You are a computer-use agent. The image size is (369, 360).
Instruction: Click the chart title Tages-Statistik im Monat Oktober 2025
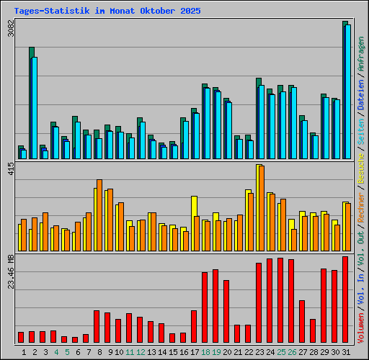coord(107,12)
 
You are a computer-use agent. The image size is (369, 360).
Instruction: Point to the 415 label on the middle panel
coord(9,170)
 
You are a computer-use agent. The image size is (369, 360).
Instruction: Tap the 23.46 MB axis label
coord(10,271)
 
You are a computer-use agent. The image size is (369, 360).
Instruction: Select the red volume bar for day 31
coord(345,300)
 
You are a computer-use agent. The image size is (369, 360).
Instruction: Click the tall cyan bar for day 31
coord(348,91)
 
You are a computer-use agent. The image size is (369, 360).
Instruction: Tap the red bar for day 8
coord(97,326)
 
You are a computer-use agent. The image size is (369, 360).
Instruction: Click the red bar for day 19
coord(215,306)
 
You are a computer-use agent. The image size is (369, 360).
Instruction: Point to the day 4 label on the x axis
coord(56,352)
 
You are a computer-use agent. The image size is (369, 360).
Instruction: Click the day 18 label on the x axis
coord(205,352)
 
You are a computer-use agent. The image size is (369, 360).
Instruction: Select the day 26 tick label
coord(292,352)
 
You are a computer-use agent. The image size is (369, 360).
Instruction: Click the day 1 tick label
coord(24,352)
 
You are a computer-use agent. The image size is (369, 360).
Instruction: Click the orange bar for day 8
coord(99,215)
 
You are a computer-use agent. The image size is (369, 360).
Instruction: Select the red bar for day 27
coord(302,321)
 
